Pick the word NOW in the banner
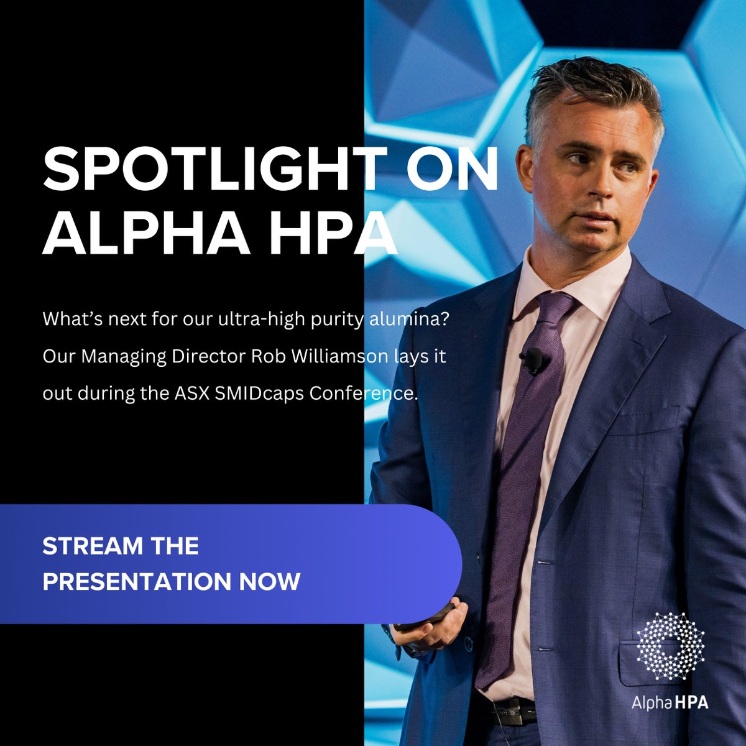270,582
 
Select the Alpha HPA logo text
670,703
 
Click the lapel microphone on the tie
533,360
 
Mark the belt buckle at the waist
512,707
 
